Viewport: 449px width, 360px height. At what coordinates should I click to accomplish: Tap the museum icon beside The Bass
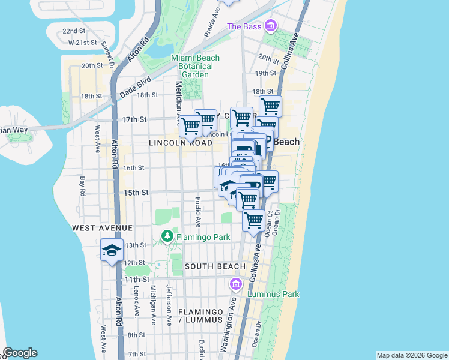click(271, 26)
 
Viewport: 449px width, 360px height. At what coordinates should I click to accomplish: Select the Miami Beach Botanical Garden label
click(196, 66)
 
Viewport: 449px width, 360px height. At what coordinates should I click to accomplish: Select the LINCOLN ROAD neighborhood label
click(181, 143)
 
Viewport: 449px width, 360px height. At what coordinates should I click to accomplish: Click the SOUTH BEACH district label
click(215, 266)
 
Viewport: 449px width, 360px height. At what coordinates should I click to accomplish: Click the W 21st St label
click(82, 43)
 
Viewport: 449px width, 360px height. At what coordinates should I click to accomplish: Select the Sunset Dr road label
click(107, 55)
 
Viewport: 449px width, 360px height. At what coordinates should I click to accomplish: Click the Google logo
click(20, 353)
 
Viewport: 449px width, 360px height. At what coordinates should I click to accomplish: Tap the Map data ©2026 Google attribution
click(412, 355)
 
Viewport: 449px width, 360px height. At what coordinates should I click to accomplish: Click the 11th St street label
click(137, 280)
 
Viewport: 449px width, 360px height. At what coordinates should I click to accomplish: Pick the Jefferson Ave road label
click(169, 312)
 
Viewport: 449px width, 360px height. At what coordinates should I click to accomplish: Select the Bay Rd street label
click(82, 185)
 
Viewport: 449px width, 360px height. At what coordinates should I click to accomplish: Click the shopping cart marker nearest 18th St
click(270, 106)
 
